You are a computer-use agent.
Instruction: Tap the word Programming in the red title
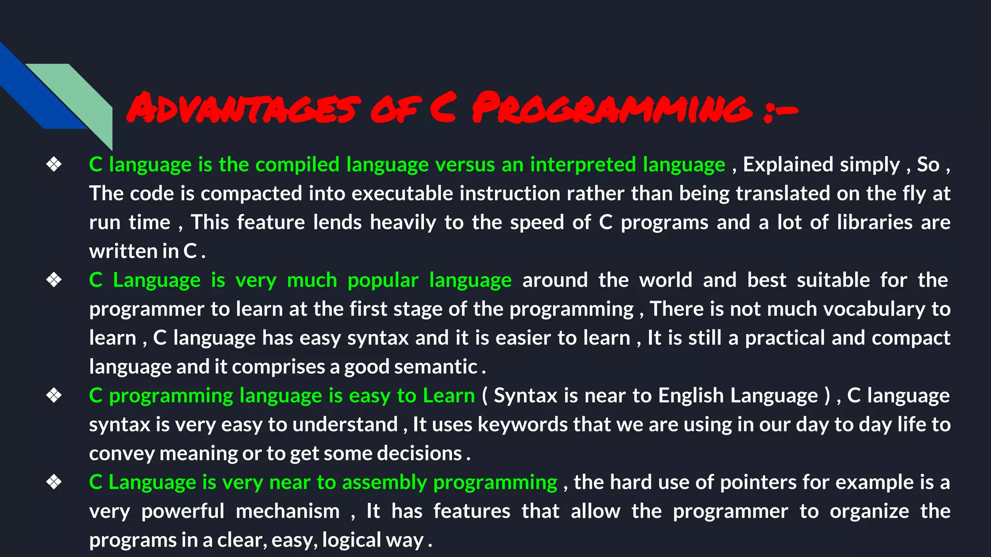tap(612, 108)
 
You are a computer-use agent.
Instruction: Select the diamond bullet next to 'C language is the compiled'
tap(54, 165)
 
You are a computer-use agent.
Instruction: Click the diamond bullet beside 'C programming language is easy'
tap(54, 396)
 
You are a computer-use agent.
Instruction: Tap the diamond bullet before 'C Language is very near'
tap(54, 483)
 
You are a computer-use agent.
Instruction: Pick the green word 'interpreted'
tap(583, 165)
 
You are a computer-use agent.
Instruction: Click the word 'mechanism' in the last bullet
tap(287, 512)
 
